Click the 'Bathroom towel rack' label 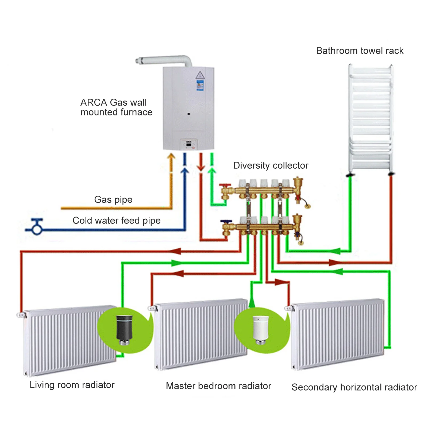point(360,51)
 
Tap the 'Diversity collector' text point(271,165)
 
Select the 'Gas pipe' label point(113,199)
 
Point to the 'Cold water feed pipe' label point(117,221)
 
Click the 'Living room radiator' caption point(72,385)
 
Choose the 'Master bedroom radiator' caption point(218,386)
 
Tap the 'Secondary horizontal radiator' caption point(354,387)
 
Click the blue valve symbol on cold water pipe point(37,227)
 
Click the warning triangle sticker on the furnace point(200,75)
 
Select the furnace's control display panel point(189,144)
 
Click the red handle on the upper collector point(225,185)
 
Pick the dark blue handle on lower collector point(226,222)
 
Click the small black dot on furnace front point(189,114)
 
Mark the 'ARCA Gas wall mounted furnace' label point(116,107)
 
